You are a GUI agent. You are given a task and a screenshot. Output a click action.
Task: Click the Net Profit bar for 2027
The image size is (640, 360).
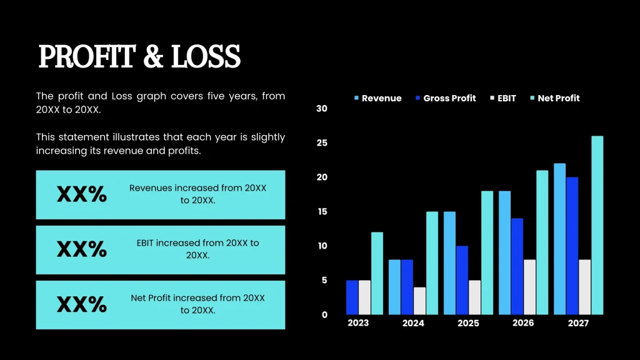pyautogui.click(x=597, y=225)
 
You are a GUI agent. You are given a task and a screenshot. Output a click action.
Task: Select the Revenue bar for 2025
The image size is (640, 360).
pyautogui.click(x=449, y=263)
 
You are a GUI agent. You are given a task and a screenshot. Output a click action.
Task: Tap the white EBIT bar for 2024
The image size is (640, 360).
pyautogui.click(x=419, y=301)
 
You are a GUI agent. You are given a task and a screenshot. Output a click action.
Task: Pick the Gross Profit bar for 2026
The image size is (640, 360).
pyautogui.click(x=517, y=266)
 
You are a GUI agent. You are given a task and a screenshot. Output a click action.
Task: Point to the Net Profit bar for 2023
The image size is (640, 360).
pyautogui.click(x=377, y=273)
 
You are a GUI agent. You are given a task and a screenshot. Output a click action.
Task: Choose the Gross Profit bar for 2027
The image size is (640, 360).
pyautogui.click(x=572, y=246)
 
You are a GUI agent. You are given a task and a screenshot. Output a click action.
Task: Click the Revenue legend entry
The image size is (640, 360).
pyautogui.click(x=377, y=98)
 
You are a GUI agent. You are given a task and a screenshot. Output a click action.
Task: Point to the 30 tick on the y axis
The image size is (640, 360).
pyautogui.click(x=322, y=109)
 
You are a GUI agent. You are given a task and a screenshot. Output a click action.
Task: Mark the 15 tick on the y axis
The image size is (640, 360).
pyautogui.click(x=322, y=212)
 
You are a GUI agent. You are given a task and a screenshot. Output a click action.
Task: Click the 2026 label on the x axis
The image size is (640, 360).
pyautogui.click(x=523, y=323)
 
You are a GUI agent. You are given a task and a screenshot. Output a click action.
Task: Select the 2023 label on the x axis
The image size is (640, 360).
pyautogui.click(x=358, y=323)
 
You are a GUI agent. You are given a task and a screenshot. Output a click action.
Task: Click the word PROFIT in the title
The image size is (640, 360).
pyautogui.click(x=86, y=57)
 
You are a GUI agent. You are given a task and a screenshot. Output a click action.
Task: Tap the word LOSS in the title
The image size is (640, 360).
pyautogui.click(x=206, y=57)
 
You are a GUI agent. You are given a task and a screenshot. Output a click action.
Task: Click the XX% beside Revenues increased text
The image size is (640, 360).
pyautogui.click(x=82, y=194)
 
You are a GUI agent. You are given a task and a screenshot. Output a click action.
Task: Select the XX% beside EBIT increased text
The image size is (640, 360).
pyautogui.click(x=82, y=249)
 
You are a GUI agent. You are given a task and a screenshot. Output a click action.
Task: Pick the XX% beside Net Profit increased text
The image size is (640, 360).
pyautogui.click(x=82, y=304)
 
